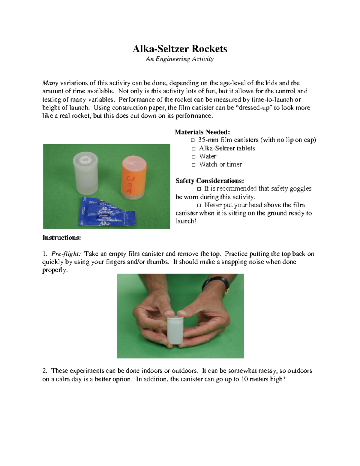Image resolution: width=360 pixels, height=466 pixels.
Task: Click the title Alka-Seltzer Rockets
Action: click(x=180, y=49)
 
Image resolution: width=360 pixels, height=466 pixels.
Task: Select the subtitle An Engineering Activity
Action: click(x=180, y=59)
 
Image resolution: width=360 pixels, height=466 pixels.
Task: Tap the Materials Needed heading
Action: click(x=202, y=132)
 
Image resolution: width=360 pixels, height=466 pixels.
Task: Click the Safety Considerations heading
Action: click(x=210, y=181)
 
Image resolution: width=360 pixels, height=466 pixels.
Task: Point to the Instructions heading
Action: click(x=61, y=238)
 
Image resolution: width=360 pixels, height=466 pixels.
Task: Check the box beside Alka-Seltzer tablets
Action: click(x=193, y=149)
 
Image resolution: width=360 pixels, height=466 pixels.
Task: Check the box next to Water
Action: click(x=193, y=157)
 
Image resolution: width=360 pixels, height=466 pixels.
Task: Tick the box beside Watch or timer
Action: click(x=193, y=165)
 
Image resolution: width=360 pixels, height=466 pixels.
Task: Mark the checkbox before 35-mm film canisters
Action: click(x=193, y=140)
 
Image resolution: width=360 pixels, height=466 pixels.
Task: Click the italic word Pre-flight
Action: click(x=66, y=254)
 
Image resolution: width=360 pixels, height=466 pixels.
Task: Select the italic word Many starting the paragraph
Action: click(x=50, y=83)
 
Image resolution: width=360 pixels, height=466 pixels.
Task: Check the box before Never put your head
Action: click(x=199, y=206)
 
